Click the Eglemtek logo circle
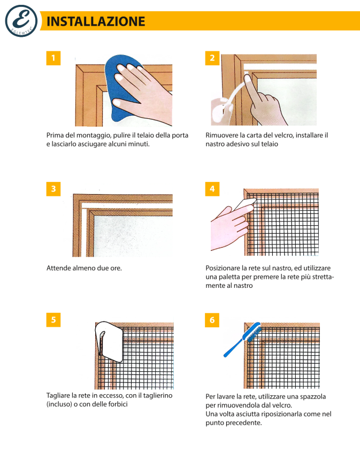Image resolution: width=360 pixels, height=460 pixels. pos(21,21)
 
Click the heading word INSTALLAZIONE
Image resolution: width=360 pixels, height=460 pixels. pos(96,21)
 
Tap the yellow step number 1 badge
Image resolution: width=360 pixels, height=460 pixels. pos(53,58)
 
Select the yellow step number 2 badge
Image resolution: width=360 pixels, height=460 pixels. pos(212,58)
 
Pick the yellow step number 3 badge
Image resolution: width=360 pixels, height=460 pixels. pos(53,189)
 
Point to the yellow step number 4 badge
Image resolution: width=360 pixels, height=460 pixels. pos(212,189)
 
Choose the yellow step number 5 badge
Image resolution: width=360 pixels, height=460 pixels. pos(53,319)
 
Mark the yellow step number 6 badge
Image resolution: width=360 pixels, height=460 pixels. pos(212,320)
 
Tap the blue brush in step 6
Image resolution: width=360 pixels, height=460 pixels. pos(242,340)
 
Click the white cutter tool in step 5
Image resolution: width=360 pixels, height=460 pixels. pos(109,341)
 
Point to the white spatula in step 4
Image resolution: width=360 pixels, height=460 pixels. pos(245,204)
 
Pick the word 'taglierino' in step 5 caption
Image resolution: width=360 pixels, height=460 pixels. pos(158,396)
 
